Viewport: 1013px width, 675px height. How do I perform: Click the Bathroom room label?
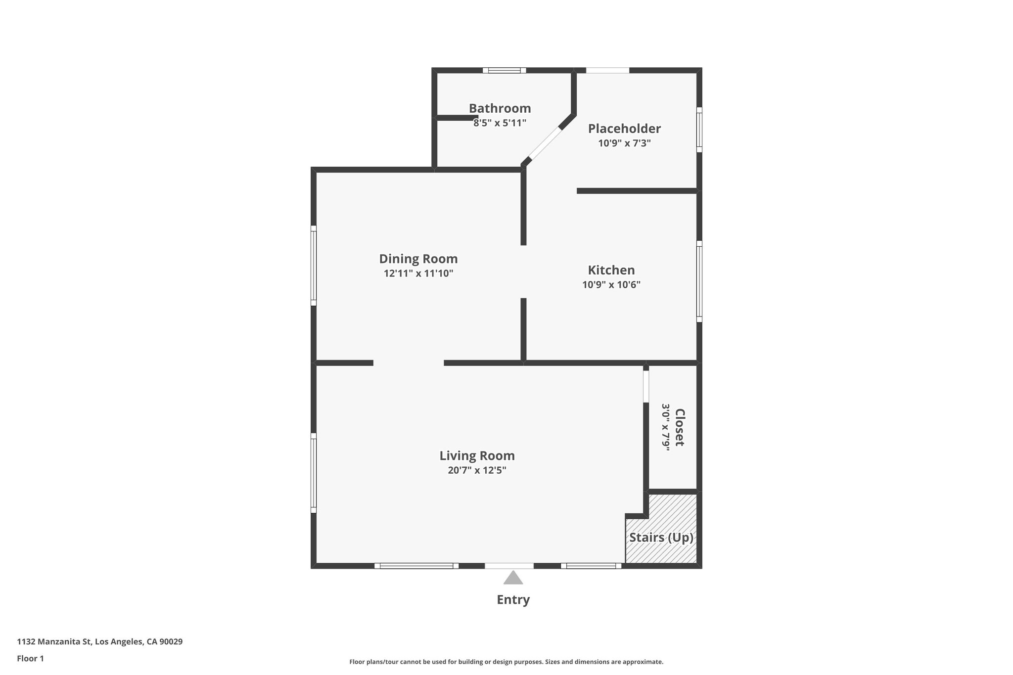tap(500, 108)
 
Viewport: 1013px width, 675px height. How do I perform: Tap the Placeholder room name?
tap(624, 129)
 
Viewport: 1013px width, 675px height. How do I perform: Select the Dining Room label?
tap(418, 259)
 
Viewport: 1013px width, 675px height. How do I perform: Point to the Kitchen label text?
tap(611, 270)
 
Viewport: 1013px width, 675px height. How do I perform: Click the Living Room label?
tap(477, 455)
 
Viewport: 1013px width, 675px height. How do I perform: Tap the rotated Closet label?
tap(680, 427)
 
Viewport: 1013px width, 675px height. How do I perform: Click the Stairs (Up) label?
tap(661, 538)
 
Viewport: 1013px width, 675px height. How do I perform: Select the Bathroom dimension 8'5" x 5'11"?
tap(500, 123)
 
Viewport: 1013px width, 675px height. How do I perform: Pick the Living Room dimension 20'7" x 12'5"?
tap(477, 470)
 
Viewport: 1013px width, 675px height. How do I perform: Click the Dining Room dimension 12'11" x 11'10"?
tap(418, 273)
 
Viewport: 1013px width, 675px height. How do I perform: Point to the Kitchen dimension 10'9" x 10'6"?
tap(611, 284)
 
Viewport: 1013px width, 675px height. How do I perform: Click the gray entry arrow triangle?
tap(513, 578)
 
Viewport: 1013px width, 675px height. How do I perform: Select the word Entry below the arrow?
tap(513, 599)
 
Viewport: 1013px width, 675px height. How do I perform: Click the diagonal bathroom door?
tap(545, 144)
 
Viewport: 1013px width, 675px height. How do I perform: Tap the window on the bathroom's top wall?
tap(505, 70)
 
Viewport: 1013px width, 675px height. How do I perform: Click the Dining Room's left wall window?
tap(314, 266)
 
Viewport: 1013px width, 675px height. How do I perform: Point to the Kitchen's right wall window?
tap(699, 281)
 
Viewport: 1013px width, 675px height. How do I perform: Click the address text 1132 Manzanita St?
tap(54, 642)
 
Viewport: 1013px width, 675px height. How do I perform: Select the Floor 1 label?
tap(31, 659)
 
